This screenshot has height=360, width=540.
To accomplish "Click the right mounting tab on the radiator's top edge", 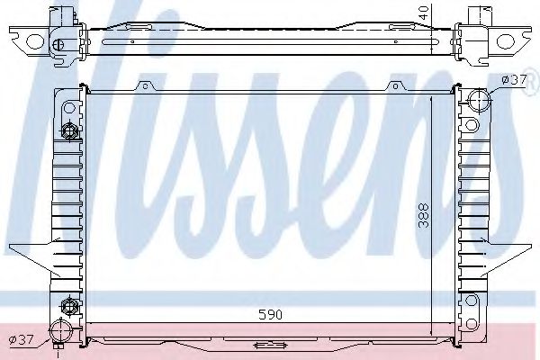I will tap(393, 86).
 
